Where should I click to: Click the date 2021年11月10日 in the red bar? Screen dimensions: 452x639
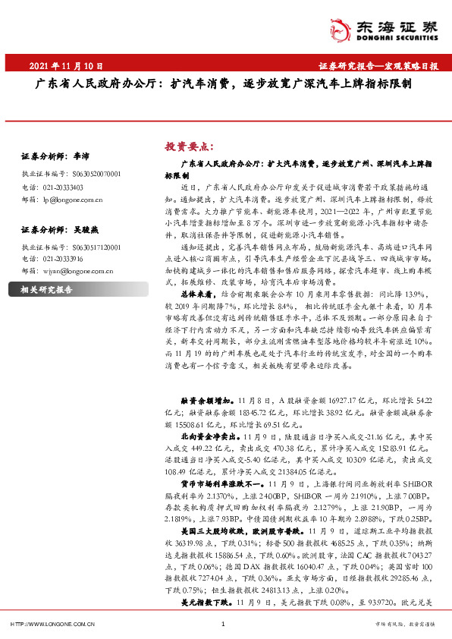point(66,66)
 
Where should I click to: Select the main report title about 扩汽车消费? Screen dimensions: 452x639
point(225,85)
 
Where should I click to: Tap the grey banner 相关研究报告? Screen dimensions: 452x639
point(45,290)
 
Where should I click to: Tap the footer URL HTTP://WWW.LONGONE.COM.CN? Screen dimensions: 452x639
point(52,624)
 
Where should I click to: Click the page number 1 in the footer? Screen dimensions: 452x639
point(223,624)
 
